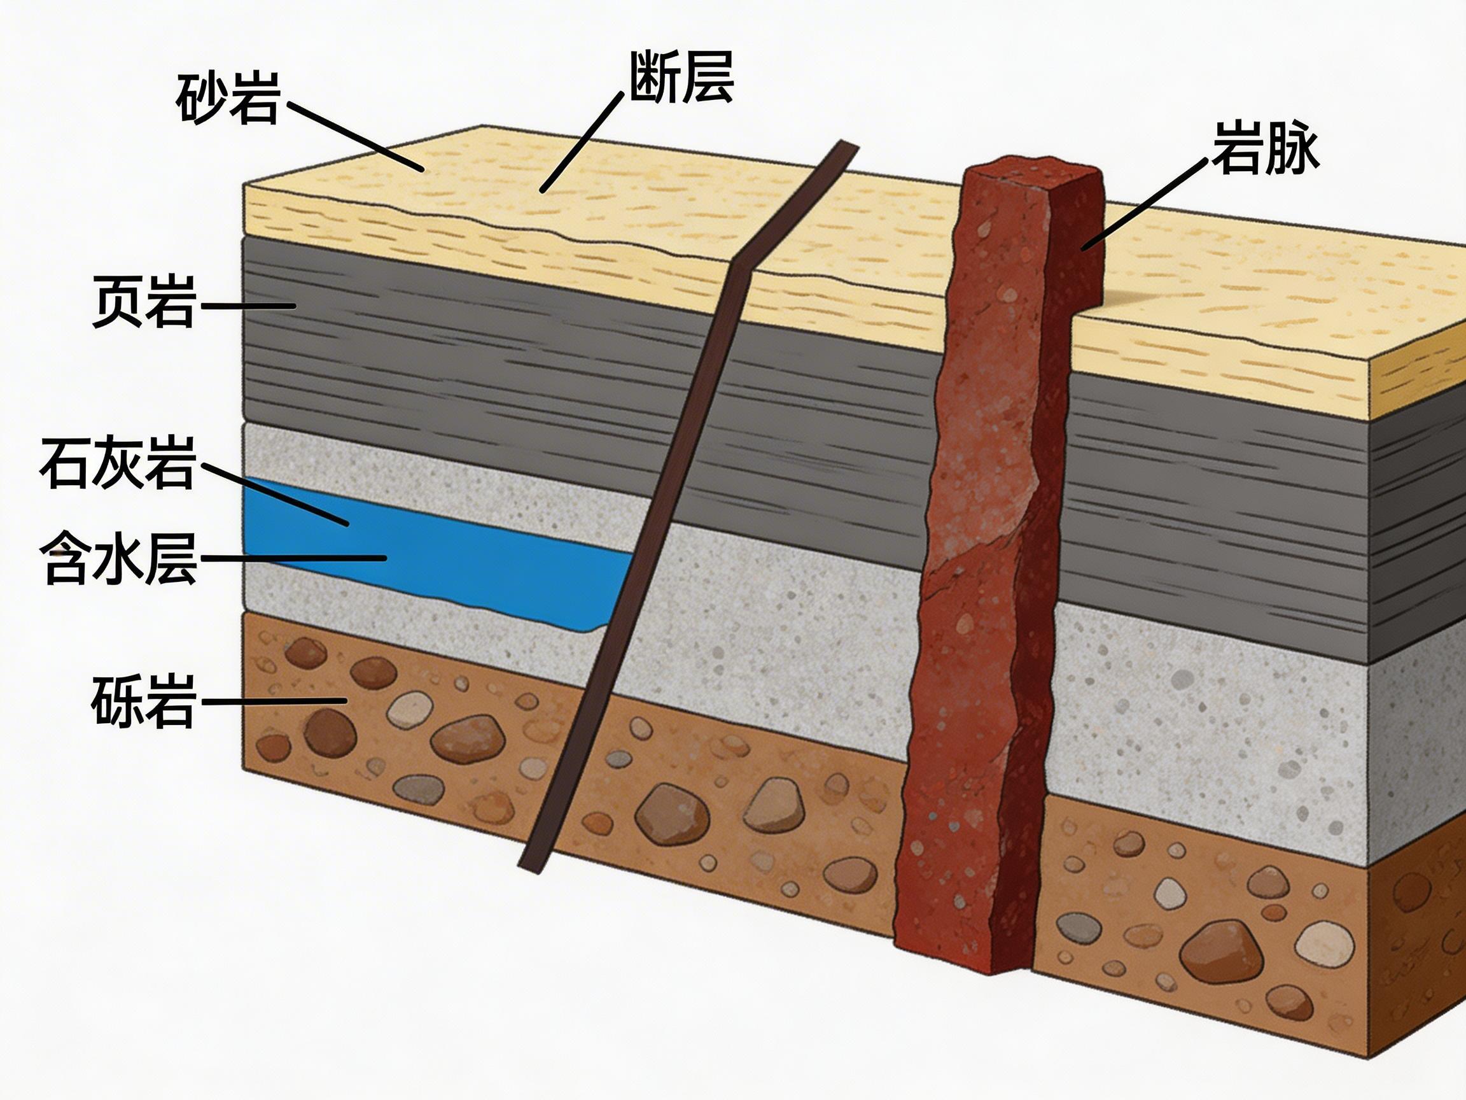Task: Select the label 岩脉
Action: pyautogui.click(x=1265, y=148)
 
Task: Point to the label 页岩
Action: pyautogui.click(x=144, y=302)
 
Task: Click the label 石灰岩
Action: pyautogui.click(x=118, y=462)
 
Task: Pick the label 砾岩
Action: pyautogui.click(x=143, y=701)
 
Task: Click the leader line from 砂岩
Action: pyautogui.click(x=354, y=136)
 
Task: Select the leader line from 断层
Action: pyautogui.click(x=582, y=142)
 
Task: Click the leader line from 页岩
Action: pyautogui.click(x=248, y=306)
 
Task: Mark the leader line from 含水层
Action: pyautogui.click(x=291, y=558)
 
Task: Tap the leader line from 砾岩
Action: pyautogui.click(x=273, y=701)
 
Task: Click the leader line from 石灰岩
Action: pyautogui.click(x=275, y=495)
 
